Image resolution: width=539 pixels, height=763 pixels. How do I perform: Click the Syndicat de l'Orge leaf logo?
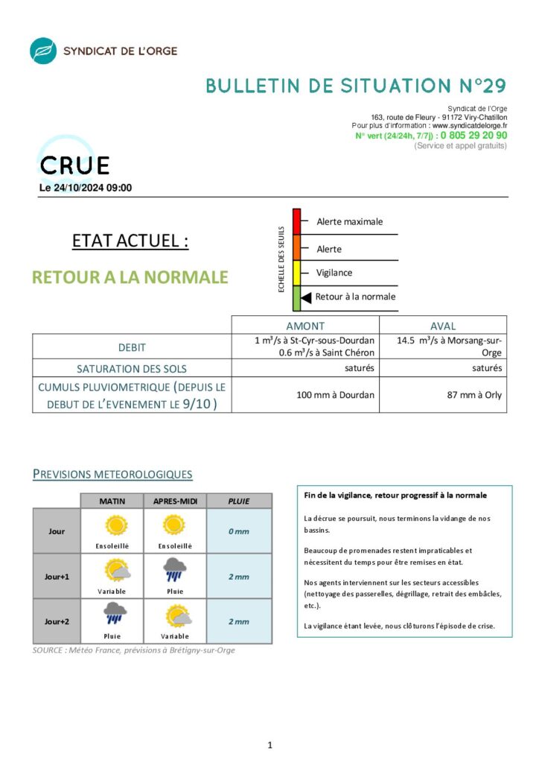coord(43,51)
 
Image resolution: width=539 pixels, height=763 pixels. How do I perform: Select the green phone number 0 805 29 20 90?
coord(473,136)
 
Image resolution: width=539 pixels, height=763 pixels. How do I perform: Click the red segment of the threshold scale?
coord(296,222)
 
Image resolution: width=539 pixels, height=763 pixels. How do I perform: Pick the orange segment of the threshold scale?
coord(296,247)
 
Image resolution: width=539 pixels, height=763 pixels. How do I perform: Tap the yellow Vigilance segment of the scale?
coord(296,273)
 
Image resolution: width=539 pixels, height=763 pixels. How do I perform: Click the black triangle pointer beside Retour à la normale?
coord(306,297)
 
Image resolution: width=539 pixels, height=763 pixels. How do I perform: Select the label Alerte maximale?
coord(349,221)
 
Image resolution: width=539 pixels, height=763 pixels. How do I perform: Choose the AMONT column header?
coord(305,326)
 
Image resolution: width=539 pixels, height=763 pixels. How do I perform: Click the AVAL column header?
coord(443,326)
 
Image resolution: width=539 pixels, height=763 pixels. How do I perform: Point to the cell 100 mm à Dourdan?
coord(335,395)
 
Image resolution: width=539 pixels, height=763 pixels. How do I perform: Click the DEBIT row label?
coord(132,347)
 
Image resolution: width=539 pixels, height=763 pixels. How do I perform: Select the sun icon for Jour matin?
coord(115,526)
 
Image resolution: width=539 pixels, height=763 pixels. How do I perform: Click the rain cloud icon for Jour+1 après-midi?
coord(176,570)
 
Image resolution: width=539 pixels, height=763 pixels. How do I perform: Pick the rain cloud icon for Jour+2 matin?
coord(115,614)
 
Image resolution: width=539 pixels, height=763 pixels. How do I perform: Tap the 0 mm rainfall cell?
coord(238,531)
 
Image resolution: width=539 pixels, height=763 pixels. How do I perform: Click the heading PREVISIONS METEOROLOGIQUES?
coord(112,474)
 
